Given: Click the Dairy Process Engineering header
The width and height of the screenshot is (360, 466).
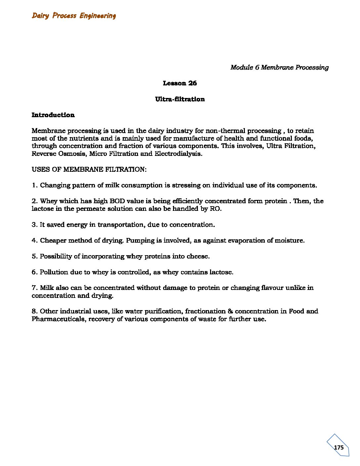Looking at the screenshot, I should (74, 16).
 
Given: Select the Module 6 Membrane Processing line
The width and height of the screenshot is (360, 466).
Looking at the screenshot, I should (279, 68).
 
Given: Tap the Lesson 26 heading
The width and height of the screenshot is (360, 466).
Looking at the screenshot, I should (180, 83).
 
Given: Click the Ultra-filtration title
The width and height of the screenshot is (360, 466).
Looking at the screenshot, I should (180, 99).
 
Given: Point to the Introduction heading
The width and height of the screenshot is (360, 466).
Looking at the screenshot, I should (53, 115).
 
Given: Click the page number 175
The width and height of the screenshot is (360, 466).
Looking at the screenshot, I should (339, 447).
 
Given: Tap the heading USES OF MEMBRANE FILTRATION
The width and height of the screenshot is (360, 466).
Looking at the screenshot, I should (89, 169).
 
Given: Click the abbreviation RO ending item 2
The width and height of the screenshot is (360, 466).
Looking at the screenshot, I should (215, 209).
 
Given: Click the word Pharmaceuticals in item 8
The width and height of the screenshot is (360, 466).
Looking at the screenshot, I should (58, 319).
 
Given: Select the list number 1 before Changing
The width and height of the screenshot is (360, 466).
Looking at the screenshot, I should (34, 185).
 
